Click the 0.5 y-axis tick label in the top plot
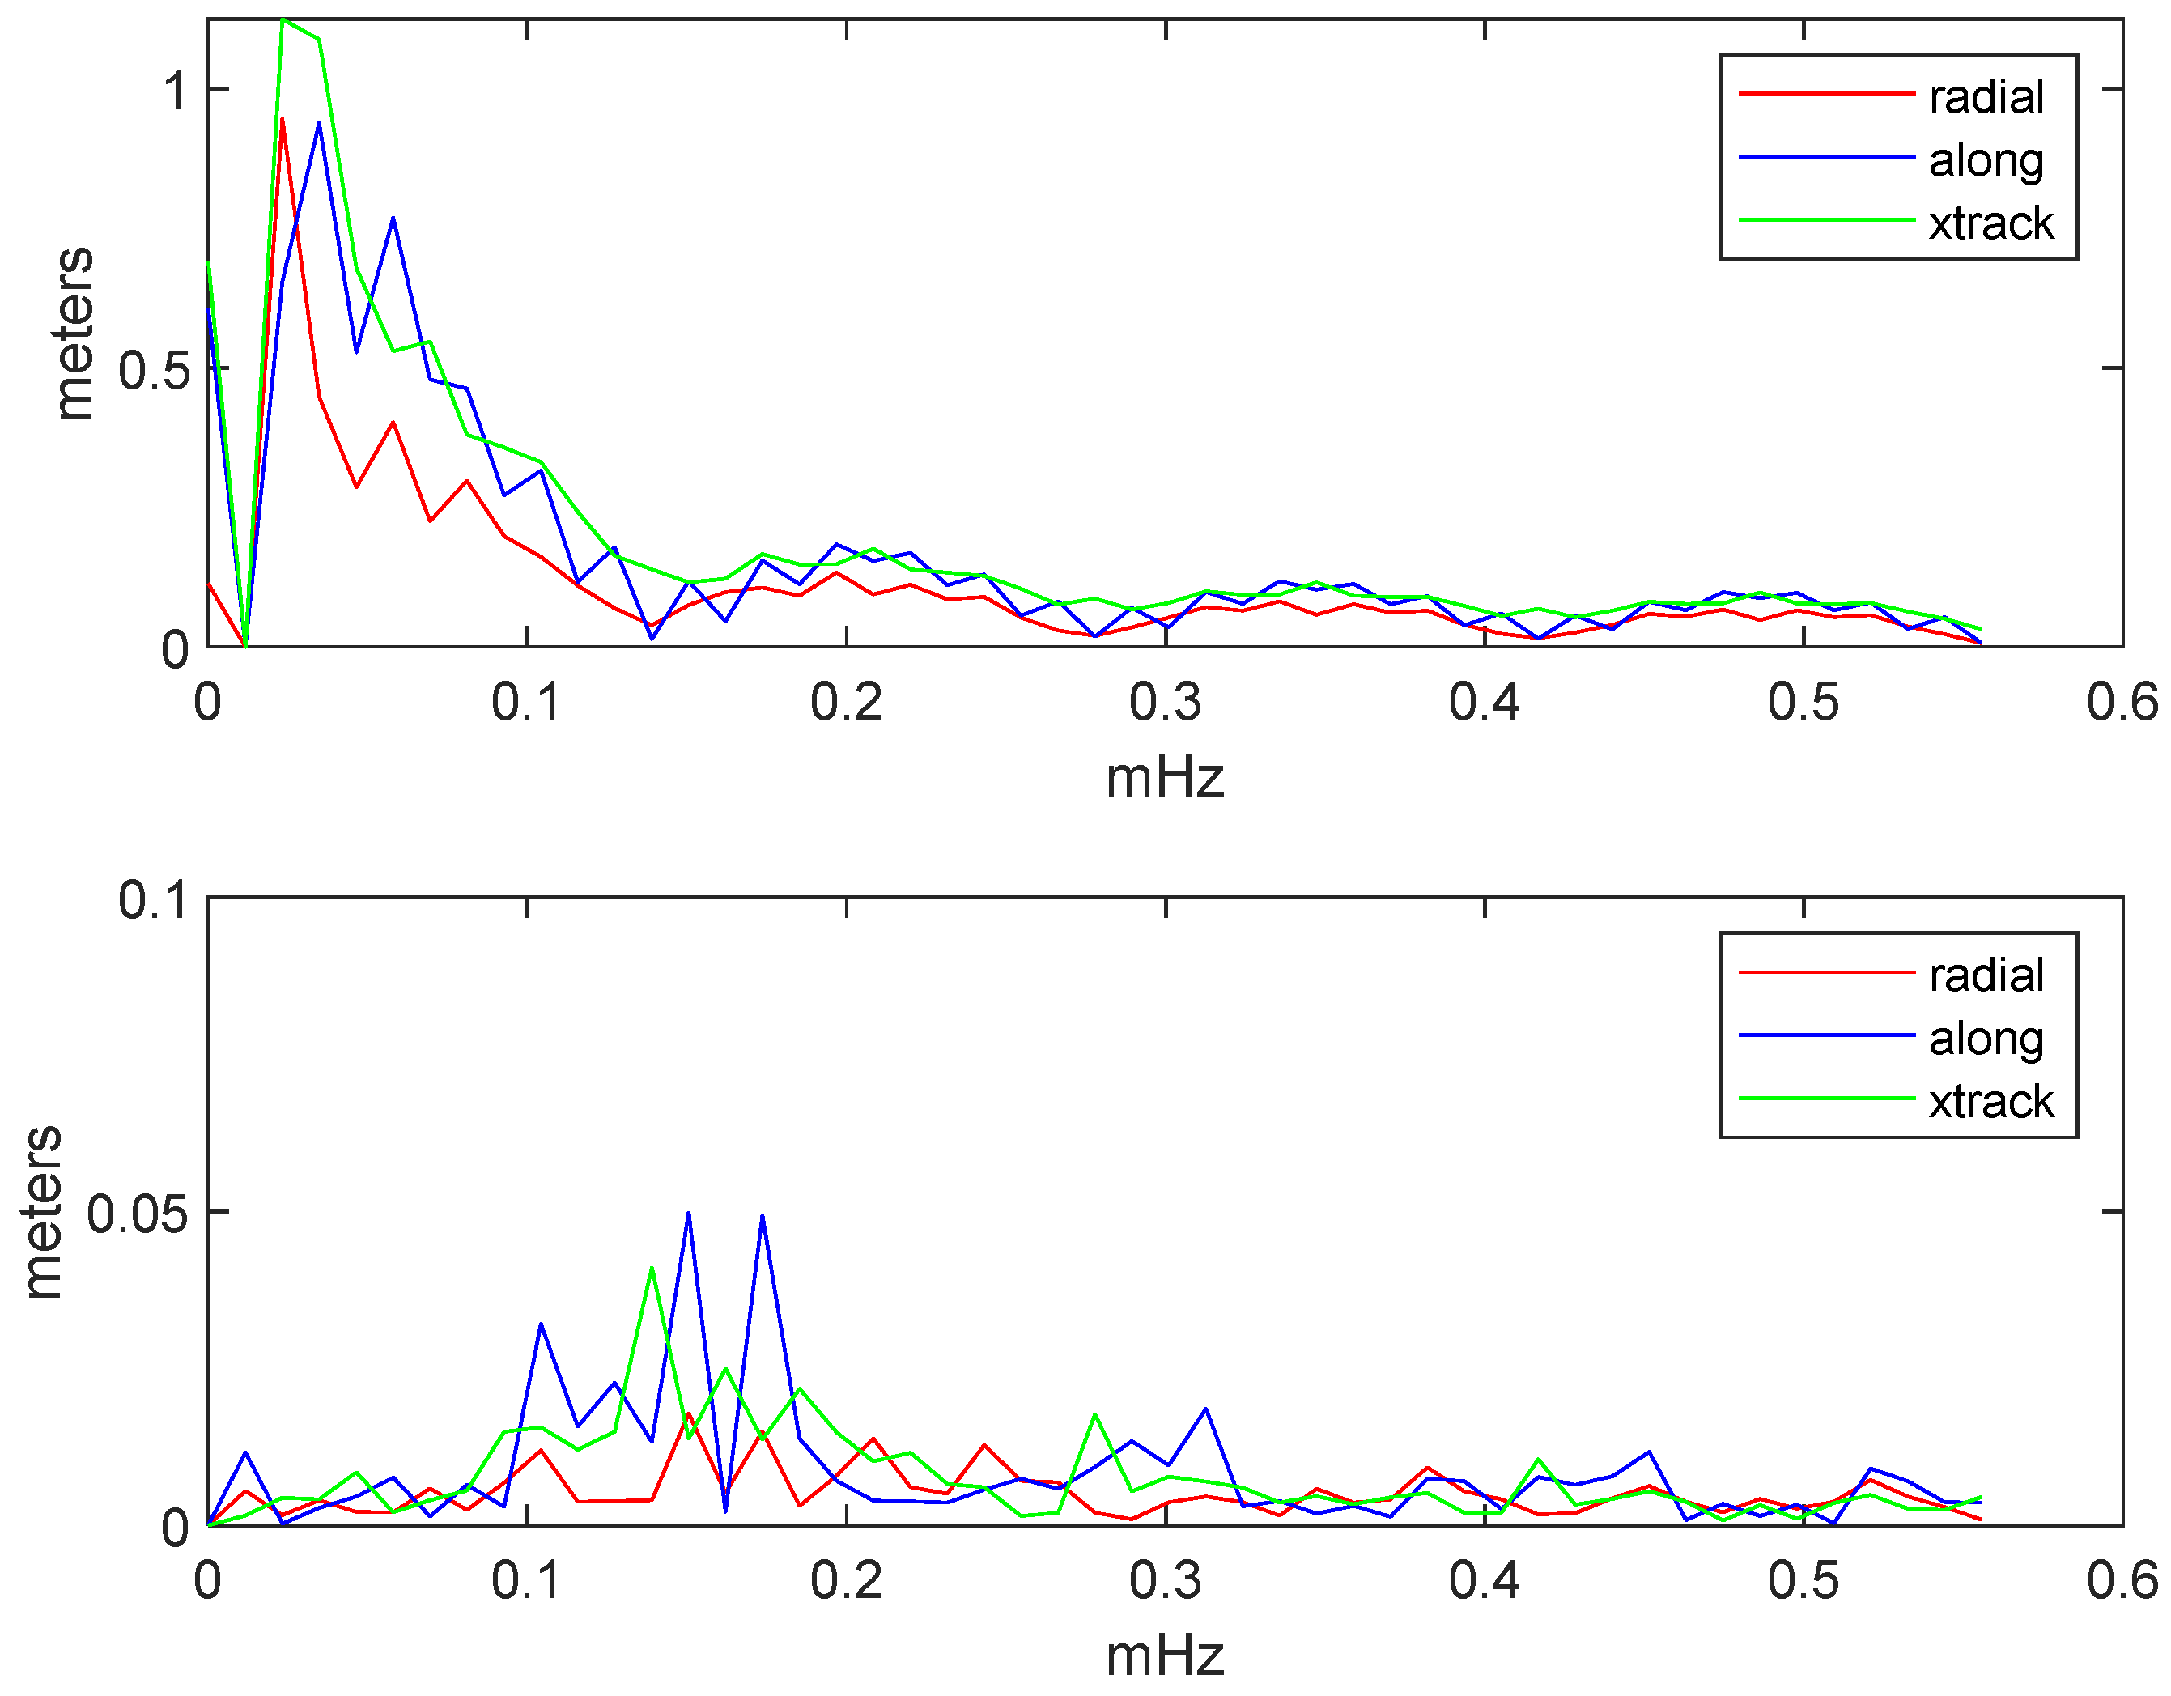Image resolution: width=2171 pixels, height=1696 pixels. point(153,371)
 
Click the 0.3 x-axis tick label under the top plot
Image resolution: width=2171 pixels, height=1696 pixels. point(1165,703)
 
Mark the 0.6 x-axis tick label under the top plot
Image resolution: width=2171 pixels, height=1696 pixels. point(2122,703)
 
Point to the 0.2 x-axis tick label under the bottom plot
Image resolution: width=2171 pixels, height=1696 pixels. point(846,1582)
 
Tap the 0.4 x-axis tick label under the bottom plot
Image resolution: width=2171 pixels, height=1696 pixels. point(1484,1582)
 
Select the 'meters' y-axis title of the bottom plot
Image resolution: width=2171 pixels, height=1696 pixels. point(42,1212)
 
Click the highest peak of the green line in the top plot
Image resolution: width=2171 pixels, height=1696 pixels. point(283,20)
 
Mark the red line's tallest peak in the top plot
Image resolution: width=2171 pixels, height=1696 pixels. point(283,119)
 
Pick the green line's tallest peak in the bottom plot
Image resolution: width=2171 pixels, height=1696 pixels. point(651,1268)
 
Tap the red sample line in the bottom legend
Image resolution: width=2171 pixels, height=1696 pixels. point(1826,972)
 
